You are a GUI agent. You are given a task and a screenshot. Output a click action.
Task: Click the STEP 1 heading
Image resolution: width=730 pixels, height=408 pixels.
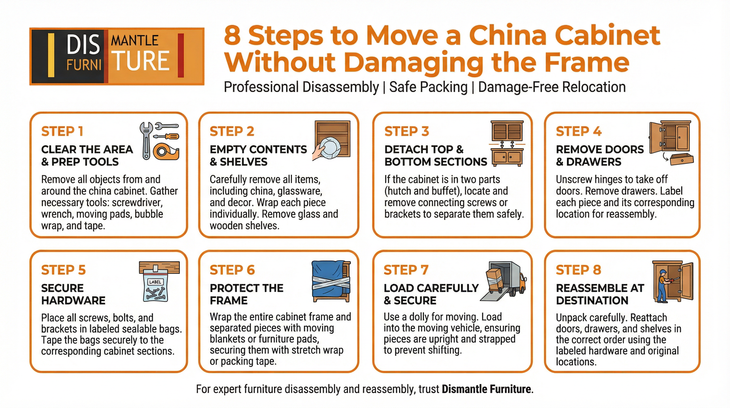[x=62, y=131]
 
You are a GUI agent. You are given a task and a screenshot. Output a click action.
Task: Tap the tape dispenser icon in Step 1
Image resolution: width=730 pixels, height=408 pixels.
[x=166, y=151]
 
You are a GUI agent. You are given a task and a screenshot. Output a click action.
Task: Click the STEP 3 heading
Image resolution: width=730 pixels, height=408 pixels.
[x=406, y=131]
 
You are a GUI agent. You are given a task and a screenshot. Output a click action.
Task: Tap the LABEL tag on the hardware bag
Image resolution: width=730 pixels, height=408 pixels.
[x=155, y=282]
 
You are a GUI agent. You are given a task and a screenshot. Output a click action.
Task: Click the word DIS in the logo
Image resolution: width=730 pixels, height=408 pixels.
[x=83, y=45]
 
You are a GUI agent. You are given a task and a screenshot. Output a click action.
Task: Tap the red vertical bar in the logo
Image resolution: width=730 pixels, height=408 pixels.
[x=181, y=56]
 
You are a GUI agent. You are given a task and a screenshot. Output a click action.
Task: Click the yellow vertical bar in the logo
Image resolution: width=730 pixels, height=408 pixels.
[x=51, y=56]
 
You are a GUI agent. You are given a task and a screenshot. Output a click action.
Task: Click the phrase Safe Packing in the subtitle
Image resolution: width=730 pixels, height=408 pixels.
[x=428, y=87]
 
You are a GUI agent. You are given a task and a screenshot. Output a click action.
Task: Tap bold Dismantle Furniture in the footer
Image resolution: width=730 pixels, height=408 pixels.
[x=486, y=389]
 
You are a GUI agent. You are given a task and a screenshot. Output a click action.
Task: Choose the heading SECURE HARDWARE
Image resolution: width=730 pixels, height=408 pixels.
[x=73, y=294]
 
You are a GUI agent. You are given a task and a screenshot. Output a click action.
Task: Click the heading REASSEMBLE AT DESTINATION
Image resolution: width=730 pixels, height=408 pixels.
[x=600, y=294]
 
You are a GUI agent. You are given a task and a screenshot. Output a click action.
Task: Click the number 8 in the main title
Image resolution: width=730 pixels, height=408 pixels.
[x=232, y=35]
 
